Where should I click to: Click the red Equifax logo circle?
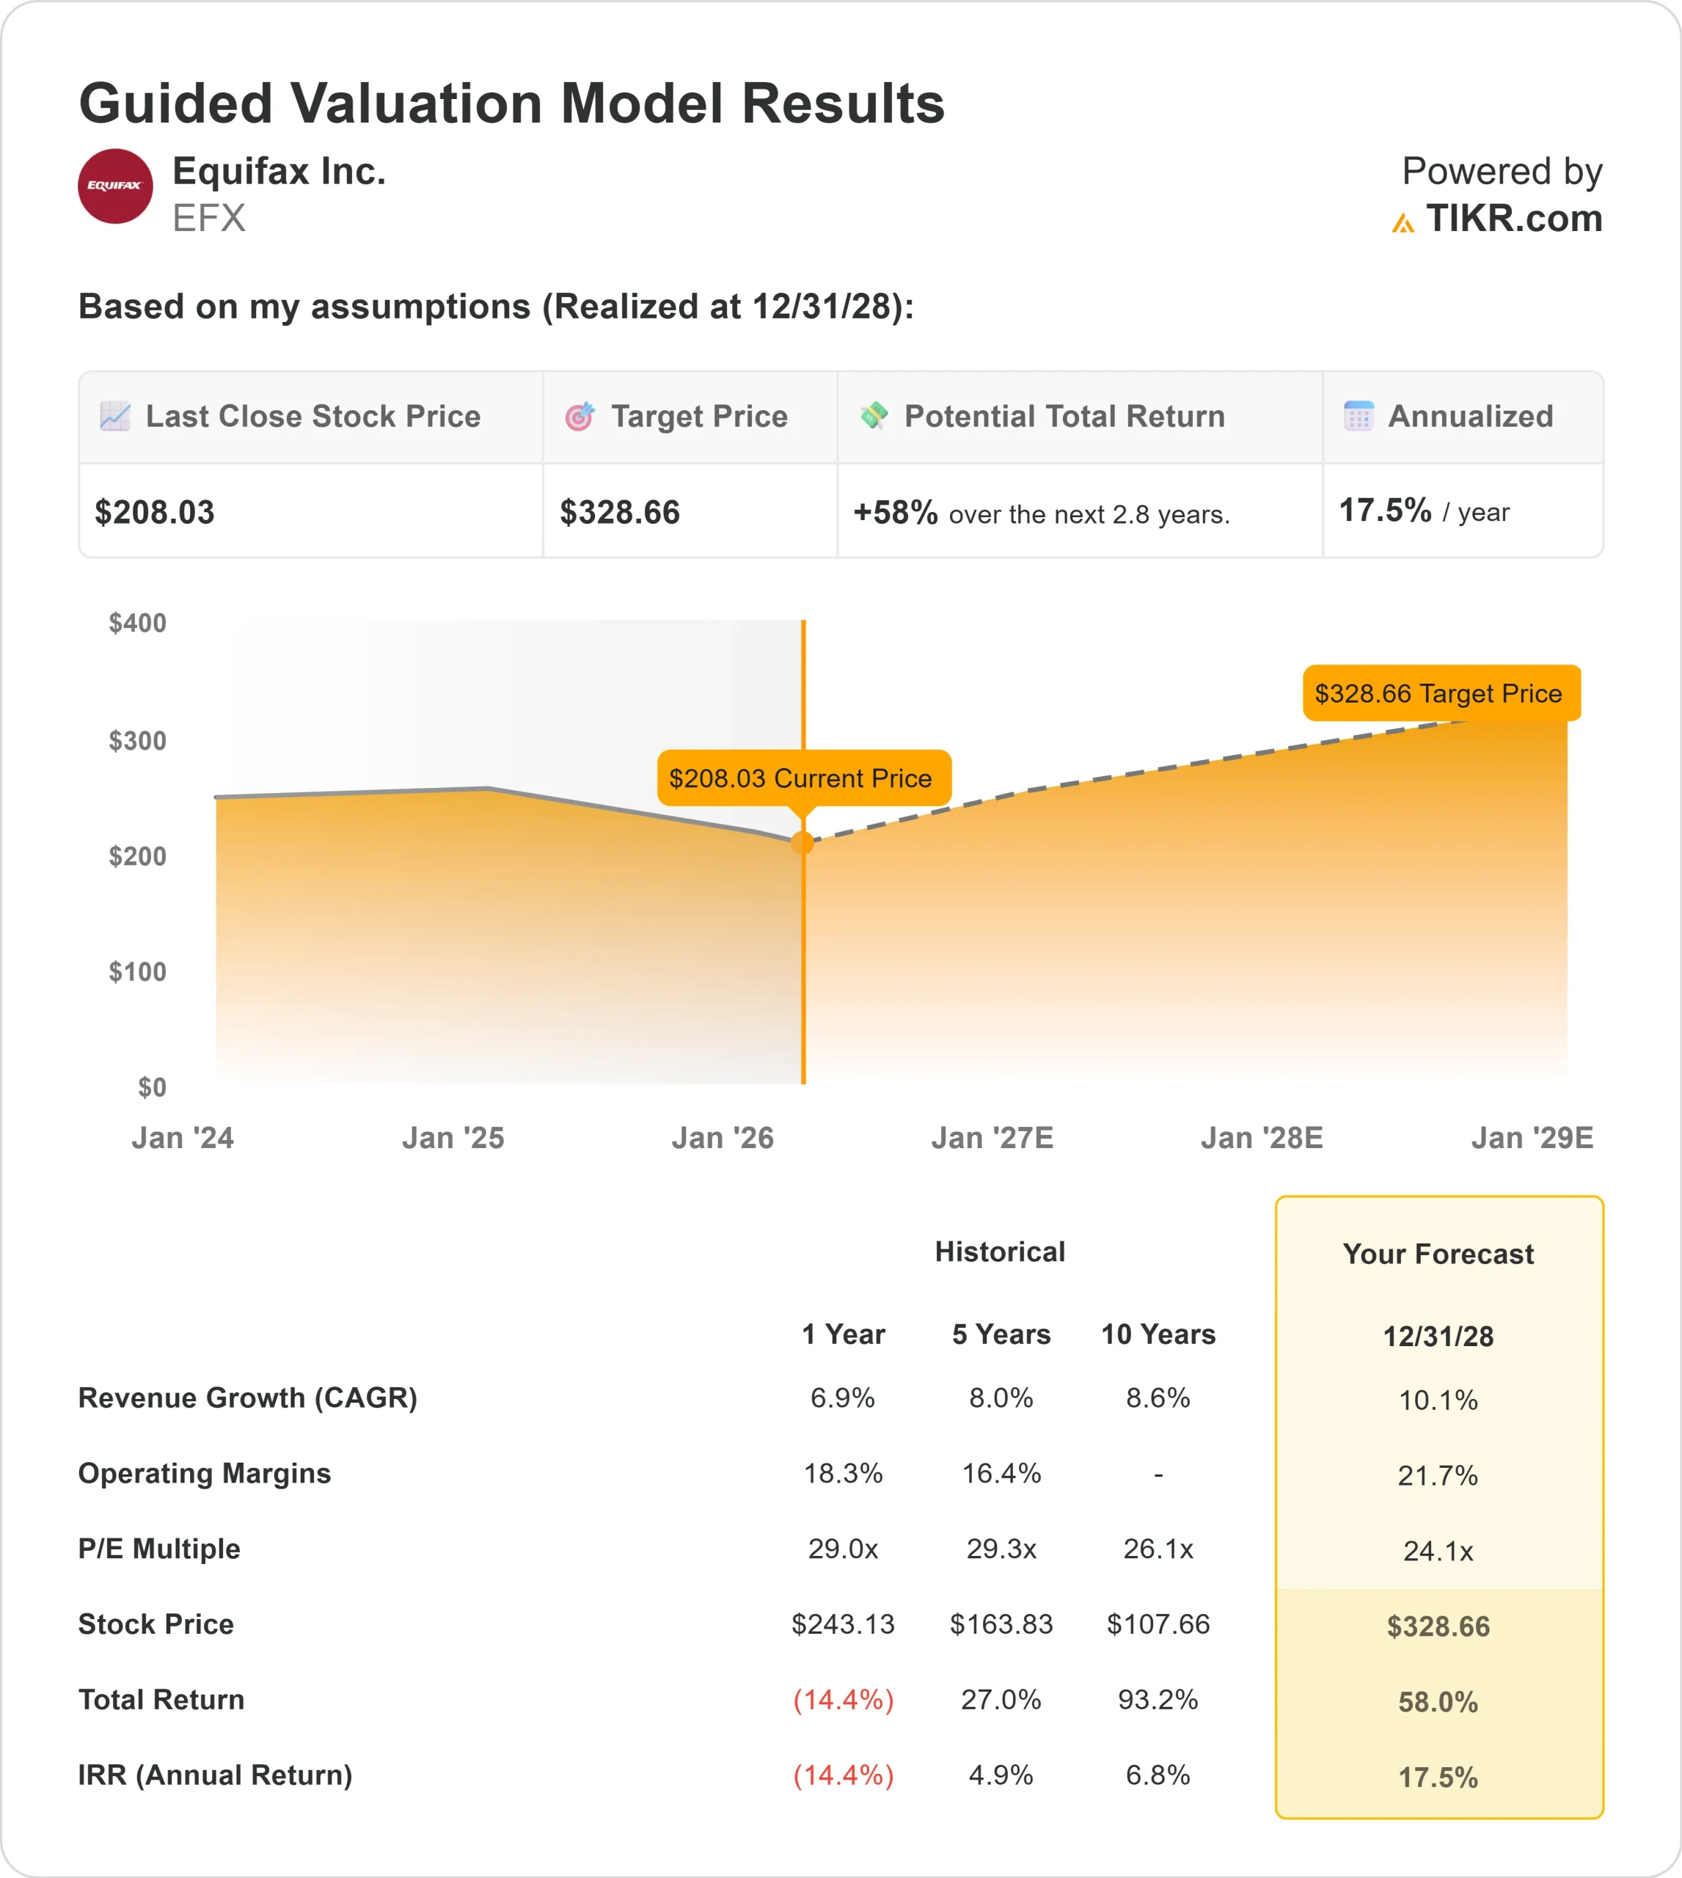[115, 186]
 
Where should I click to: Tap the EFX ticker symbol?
[209, 218]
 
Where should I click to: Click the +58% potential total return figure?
[895, 512]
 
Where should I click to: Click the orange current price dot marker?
[803, 842]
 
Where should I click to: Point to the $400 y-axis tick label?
[138, 623]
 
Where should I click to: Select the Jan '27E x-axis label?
[992, 1138]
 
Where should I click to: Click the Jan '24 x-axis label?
[182, 1138]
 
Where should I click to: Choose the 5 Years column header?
[1001, 1334]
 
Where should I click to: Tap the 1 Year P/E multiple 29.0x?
[843, 1548]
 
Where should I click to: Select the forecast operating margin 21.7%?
[1437, 1475]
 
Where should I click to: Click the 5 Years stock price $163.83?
[1001, 1624]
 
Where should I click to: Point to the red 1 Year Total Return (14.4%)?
[843, 1700]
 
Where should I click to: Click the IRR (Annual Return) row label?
[216, 1775]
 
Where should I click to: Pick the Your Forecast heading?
[1438, 1254]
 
